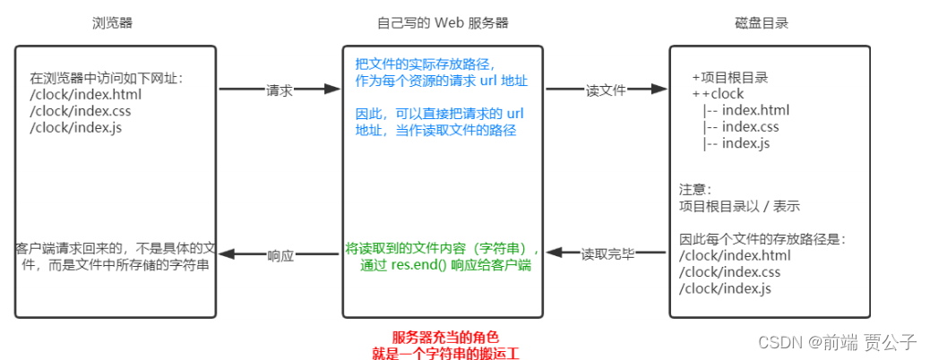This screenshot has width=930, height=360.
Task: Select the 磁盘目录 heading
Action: click(x=770, y=21)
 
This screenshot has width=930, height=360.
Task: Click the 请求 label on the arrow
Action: click(x=279, y=90)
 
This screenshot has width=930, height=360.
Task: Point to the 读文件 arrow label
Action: click(x=606, y=90)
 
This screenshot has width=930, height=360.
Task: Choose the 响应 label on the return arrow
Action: click(x=280, y=254)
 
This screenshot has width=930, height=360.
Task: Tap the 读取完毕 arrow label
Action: click(x=607, y=254)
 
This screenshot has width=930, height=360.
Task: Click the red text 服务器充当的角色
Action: click(x=445, y=337)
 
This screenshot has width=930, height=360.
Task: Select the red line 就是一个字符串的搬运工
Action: click(x=445, y=353)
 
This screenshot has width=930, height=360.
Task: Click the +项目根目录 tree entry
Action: click(x=730, y=78)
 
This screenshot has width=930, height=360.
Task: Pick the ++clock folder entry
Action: click(x=718, y=94)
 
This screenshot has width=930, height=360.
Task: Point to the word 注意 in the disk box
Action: click(x=695, y=190)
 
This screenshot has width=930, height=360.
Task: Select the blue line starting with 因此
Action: click(x=438, y=115)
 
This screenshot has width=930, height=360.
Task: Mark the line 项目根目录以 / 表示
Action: click(x=740, y=206)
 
